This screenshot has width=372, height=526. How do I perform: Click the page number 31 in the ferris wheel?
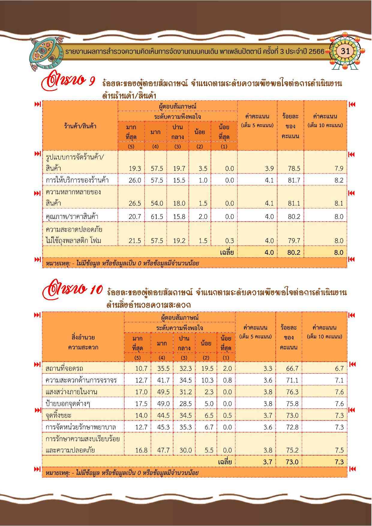[x=345, y=51]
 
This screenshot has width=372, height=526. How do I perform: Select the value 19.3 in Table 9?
[x=135, y=169]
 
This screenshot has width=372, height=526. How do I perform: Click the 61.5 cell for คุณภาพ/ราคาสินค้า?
[x=157, y=217]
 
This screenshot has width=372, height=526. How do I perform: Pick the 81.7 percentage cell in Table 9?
[x=294, y=180]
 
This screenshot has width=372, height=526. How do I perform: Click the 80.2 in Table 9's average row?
[x=294, y=253]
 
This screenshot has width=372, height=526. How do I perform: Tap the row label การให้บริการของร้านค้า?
[x=77, y=180]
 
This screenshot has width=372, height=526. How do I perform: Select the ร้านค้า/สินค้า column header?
[x=80, y=126]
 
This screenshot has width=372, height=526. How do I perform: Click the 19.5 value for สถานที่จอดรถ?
[x=207, y=368]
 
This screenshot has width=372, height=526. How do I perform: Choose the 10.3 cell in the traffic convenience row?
[x=207, y=380]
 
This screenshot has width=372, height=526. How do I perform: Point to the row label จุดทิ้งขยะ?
[x=58, y=415]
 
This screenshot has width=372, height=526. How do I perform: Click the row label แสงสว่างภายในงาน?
[x=71, y=392]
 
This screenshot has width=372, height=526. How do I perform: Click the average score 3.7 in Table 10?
[x=268, y=462]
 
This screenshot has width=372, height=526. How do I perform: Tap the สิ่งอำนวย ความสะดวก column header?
[x=83, y=342]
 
